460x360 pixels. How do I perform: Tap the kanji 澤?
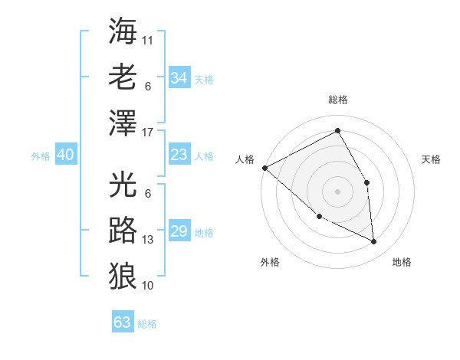(x=123, y=123)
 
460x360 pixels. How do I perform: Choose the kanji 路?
(x=123, y=229)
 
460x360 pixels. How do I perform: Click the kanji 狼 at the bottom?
(x=123, y=274)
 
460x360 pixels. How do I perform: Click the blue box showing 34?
(x=179, y=78)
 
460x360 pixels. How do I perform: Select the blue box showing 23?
(x=179, y=155)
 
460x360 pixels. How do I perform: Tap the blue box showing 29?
(x=179, y=232)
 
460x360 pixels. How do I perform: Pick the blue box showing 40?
(x=65, y=155)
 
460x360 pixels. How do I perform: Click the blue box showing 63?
(x=122, y=322)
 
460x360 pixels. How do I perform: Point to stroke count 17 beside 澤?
(x=149, y=133)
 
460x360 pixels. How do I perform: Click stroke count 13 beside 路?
(x=148, y=240)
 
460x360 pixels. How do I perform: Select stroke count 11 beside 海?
(x=148, y=38)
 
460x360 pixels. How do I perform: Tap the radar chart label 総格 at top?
(x=337, y=100)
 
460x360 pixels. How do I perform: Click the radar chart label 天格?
(x=431, y=159)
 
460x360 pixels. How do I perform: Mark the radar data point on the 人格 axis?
(x=264, y=168)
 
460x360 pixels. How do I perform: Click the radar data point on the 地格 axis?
(x=374, y=242)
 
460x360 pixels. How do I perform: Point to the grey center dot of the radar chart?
(x=337, y=191)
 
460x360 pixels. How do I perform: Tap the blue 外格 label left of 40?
(x=41, y=156)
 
